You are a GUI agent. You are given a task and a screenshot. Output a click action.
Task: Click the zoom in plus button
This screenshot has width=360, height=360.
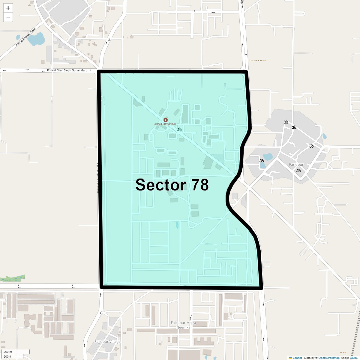coord(8,8)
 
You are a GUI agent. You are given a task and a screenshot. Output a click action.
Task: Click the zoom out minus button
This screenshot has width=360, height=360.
coord(8,17)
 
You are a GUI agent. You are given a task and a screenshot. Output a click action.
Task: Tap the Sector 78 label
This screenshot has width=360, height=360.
coord(172,185)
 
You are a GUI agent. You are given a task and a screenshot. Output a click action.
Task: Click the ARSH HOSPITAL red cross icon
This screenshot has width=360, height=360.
coord(165,120)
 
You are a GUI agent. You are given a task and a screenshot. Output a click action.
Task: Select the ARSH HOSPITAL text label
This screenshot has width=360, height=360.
coord(165,124)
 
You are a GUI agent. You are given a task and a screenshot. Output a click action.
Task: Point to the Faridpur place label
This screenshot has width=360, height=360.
coord(296,165)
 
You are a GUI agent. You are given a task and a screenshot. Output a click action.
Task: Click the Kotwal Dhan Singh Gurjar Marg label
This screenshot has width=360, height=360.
coord(67,70)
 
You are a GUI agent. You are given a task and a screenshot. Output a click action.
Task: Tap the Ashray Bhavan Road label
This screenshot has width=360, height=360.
coord(25,37)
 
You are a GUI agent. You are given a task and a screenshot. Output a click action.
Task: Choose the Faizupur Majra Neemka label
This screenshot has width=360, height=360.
coord(183,325)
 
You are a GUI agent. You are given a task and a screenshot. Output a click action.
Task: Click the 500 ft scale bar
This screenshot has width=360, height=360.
coord(12,356)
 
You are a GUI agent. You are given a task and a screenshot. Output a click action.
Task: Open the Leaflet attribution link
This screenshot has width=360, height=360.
coord(297,358)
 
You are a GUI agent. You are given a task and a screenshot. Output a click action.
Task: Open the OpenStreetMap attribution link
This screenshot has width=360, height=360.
coord(329,358)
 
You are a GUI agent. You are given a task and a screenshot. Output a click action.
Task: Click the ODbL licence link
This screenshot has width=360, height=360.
coord(353,358)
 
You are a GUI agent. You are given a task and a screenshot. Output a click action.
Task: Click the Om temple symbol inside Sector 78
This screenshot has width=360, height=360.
coord(179,130)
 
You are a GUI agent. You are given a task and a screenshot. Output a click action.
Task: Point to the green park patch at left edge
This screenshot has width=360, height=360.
coord(13,279)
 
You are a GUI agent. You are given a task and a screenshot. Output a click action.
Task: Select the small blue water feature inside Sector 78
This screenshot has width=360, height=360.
coord(177,225)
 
